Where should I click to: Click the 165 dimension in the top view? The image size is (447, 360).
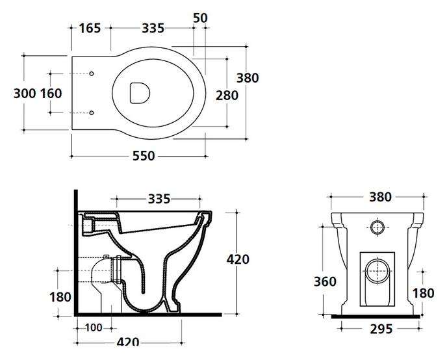[90, 28]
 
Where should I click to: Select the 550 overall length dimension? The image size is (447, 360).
[144, 156]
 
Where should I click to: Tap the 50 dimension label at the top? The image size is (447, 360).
[200, 18]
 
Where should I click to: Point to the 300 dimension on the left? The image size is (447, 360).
[25, 93]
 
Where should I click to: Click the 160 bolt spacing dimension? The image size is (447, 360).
[51, 93]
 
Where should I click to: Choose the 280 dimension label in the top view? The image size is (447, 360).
[227, 96]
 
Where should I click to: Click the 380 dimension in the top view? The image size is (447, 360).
[248, 78]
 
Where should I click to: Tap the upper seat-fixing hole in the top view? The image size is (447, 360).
[92, 74]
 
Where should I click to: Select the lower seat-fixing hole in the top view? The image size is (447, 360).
[92, 113]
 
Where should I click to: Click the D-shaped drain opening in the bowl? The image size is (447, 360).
[140, 93]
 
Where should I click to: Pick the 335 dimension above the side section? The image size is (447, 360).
[159, 199]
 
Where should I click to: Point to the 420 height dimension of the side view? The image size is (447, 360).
[238, 259]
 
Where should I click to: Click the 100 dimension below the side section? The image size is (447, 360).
[94, 328]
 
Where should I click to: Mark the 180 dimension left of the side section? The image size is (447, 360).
[60, 297]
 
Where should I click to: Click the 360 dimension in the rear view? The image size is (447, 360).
[325, 281]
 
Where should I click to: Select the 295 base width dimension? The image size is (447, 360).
[381, 329]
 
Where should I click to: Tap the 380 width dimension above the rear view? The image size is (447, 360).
[381, 197]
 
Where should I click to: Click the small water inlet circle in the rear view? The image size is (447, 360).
[377, 227]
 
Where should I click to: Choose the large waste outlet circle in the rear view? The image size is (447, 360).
[377, 272]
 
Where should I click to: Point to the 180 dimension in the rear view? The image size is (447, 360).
[424, 293]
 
